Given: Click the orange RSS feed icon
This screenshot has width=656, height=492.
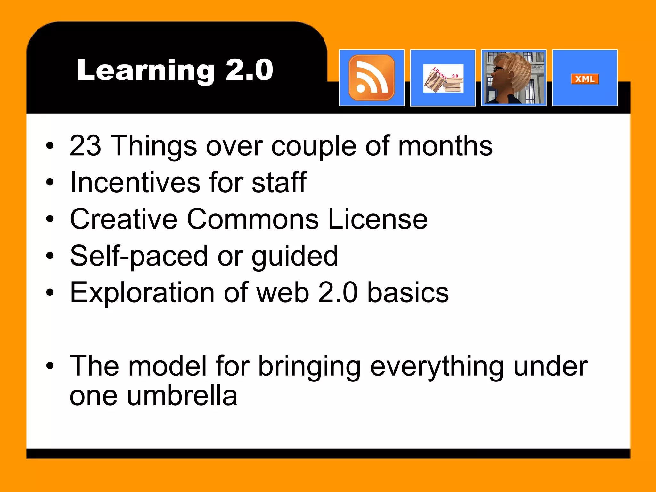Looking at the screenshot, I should (x=372, y=78).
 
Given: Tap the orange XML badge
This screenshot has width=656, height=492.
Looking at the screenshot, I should (x=585, y=79).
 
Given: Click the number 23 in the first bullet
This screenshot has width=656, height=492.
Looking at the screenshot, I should (x=85, y=146).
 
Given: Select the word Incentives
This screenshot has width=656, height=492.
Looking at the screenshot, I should (x=135, y=182).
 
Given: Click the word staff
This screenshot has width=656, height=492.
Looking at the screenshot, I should (x=279, y=182).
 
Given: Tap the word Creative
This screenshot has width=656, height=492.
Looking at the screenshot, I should (x=124, y=219).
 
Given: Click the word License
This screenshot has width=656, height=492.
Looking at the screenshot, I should (x=378, y=219).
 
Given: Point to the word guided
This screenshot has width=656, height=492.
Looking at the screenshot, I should (x=295, y=256).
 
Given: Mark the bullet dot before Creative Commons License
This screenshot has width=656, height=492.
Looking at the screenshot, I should (x=50, y=219).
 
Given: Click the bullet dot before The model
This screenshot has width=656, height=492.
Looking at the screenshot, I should (x=50, y=366).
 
